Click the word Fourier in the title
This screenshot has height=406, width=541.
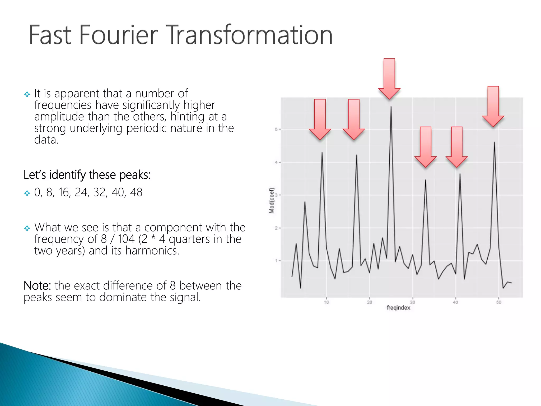tap(118, 35)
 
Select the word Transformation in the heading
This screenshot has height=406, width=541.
tap(250, 35)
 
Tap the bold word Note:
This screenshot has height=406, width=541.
tap(37, 286)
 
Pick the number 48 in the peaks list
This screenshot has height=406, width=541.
tap(136, 192)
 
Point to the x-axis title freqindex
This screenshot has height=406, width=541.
tap(398, 308)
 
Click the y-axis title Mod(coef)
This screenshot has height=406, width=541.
tap(272, 201)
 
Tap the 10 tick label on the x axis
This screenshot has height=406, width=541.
tap(326, 302)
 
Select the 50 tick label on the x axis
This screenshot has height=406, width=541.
tap(498, 302)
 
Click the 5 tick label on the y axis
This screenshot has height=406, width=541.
tap(276, 129)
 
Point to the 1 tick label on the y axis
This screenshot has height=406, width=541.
tap(276, 261)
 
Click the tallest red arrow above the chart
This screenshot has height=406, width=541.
tap(389, 79)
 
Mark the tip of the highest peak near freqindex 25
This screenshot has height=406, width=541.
tap(391, 107)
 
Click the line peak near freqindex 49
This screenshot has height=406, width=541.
tap(494, 142)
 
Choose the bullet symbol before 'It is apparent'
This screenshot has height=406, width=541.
tap(27, 94)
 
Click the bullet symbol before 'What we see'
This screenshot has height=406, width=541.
tap(27, 228)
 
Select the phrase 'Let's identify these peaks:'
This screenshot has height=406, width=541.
tap(87, 175)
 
